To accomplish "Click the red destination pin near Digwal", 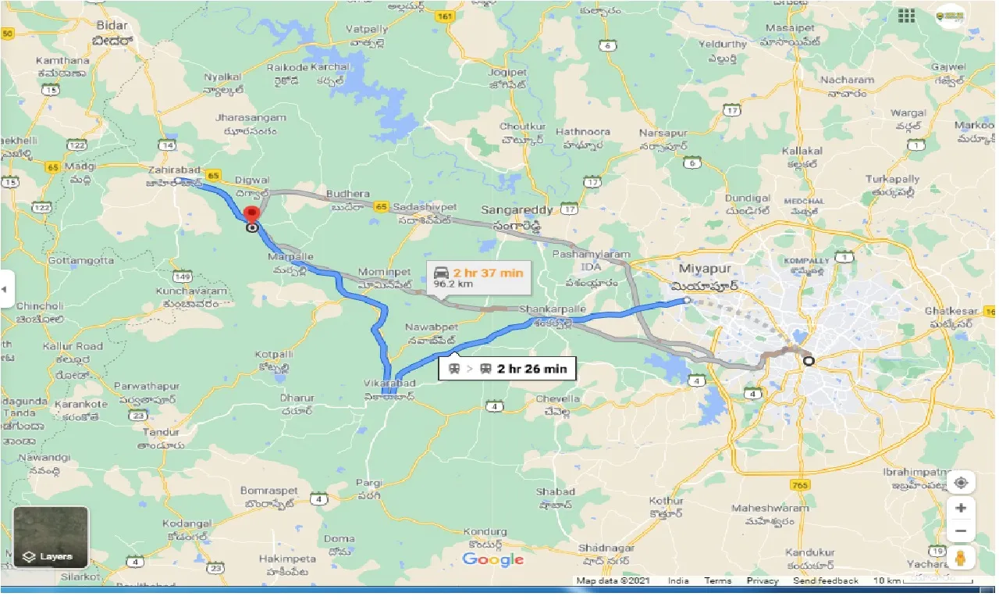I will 251,215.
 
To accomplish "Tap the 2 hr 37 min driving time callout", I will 478,278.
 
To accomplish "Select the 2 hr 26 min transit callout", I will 507,369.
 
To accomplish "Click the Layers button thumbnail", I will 51,537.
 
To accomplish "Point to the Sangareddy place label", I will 517,210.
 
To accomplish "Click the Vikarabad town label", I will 389,383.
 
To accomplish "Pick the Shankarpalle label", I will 553,309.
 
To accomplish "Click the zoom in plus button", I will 961,508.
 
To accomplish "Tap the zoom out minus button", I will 961,531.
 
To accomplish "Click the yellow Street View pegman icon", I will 961,558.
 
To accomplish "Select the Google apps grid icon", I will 906,16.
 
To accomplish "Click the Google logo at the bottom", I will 492,559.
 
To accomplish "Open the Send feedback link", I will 826,581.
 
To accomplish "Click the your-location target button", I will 961,482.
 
